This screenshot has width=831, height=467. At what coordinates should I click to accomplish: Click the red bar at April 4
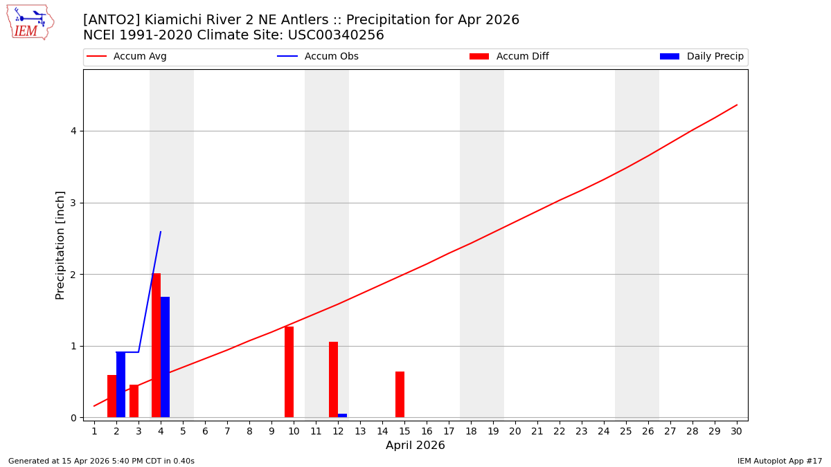coord(156,345)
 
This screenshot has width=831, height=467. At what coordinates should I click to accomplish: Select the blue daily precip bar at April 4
coord(165,357)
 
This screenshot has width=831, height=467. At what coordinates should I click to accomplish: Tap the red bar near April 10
coord(289,372)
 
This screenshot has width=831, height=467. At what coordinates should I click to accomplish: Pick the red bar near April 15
coord(400,394)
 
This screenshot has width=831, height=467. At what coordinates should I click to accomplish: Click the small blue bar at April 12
coord(342,415)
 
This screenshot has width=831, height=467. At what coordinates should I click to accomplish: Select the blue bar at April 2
coord(120,385)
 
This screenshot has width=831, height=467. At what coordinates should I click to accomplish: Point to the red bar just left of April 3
coord(134,401)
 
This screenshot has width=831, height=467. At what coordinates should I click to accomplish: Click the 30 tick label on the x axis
coord(736,431)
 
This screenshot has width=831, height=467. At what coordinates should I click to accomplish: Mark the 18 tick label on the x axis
coord(471,431)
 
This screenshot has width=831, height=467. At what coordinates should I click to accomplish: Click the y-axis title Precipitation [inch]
coord(60,245)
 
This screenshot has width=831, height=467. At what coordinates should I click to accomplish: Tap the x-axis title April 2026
coord(415,446)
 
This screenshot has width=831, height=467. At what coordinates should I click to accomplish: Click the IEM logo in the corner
coord(30,22)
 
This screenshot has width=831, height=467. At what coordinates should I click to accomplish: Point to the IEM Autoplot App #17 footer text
coord(779,461)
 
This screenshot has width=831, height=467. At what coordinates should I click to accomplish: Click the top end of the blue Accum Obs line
coord(161,232)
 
